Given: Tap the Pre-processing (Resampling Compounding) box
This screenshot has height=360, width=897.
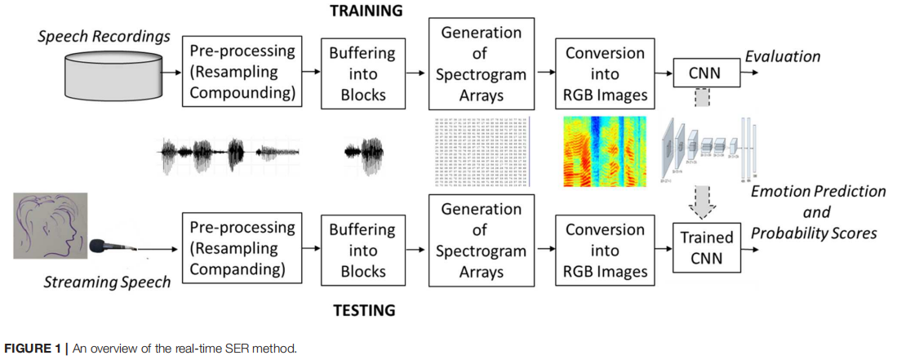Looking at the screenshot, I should tap(242, 72).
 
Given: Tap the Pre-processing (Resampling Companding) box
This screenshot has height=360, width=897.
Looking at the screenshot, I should tap(242, 248).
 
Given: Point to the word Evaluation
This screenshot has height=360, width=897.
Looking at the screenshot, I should tap(782, 56).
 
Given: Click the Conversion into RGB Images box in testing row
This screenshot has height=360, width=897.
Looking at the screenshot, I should tap(606, 250).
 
